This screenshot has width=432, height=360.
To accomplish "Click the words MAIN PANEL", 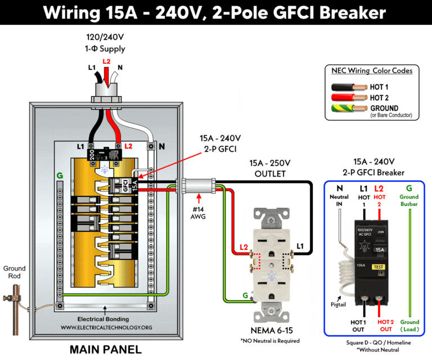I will [106, 349].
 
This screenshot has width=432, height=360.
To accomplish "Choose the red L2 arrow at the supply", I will [106, 67].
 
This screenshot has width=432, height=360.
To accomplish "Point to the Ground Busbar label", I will [409, 201].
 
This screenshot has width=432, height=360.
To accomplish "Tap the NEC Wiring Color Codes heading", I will [372, 71].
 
